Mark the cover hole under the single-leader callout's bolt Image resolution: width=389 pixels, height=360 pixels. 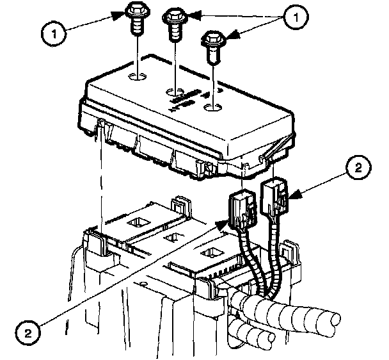point(137,78)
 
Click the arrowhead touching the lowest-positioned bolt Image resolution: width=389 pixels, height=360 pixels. point(228,38)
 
